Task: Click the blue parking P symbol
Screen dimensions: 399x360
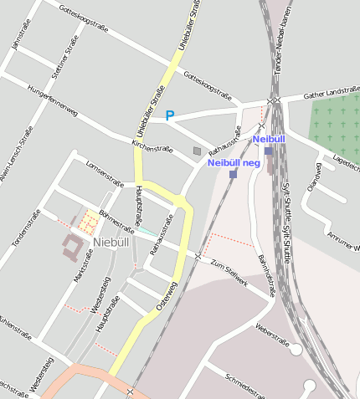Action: pyautogui.click(x=170, y=115)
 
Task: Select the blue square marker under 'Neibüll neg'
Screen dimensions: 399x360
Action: pyautogui.click(x=233, y=174)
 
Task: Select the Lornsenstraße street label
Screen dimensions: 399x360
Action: pyautogui.click(x=105, y=172)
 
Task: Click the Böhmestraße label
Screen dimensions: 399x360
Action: pyautogui.click(x=117, y=219)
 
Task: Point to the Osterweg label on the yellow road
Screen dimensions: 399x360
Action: pyautogui.click(x=167, y=298)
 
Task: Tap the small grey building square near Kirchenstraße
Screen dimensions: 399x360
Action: pyautogui.click(x=197, y=151)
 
